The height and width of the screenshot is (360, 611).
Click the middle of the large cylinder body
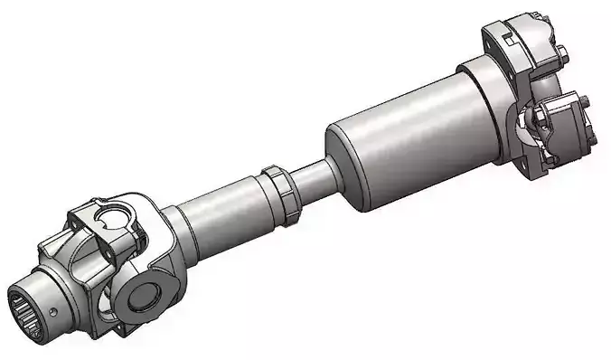411,135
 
